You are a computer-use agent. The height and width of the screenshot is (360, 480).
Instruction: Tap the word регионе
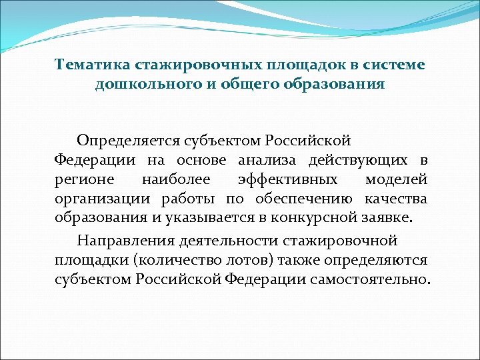(x=83, y=180)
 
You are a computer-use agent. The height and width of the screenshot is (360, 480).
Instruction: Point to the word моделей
(x=396, y=180)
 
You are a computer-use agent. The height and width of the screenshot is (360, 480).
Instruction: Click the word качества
(x=397, y=199)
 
